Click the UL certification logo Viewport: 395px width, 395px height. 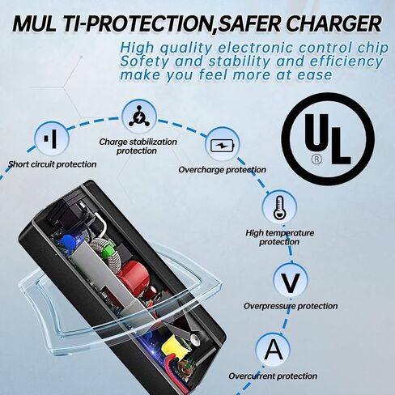pyautogui.click(x=328, y=138)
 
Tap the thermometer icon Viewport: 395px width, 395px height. pyautogui.click(x=279, y=207)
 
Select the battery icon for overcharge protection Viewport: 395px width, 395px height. pyautogui.click(x=223, y=145)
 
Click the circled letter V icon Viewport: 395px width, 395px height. pyautogui.click(x=290, y=282)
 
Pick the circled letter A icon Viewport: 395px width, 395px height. pyautogui.click(x=274, y=350)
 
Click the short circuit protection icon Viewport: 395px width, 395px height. pyautogui.click(x=52, y=138)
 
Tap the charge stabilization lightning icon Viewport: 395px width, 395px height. pyautogui.click(x=139, y=117)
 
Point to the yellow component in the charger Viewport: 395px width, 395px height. pyautogui.click(x=171, y=346)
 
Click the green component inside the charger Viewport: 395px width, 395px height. pyautogui.click(x=108, y=248)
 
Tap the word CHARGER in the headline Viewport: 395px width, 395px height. pyautogui.click(x=333, y=23)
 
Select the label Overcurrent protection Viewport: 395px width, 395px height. pyautogui.click(x=273, y=376)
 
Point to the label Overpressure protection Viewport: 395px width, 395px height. pyautogui.click(x=291, y=306)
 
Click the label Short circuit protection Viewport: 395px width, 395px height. pyautogui.click(x=52, y=164)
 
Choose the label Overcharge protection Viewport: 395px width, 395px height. pyautogui.click(x=222, y=170)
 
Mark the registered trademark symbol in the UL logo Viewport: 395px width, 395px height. pyautogui.click(x=316, y=159)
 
